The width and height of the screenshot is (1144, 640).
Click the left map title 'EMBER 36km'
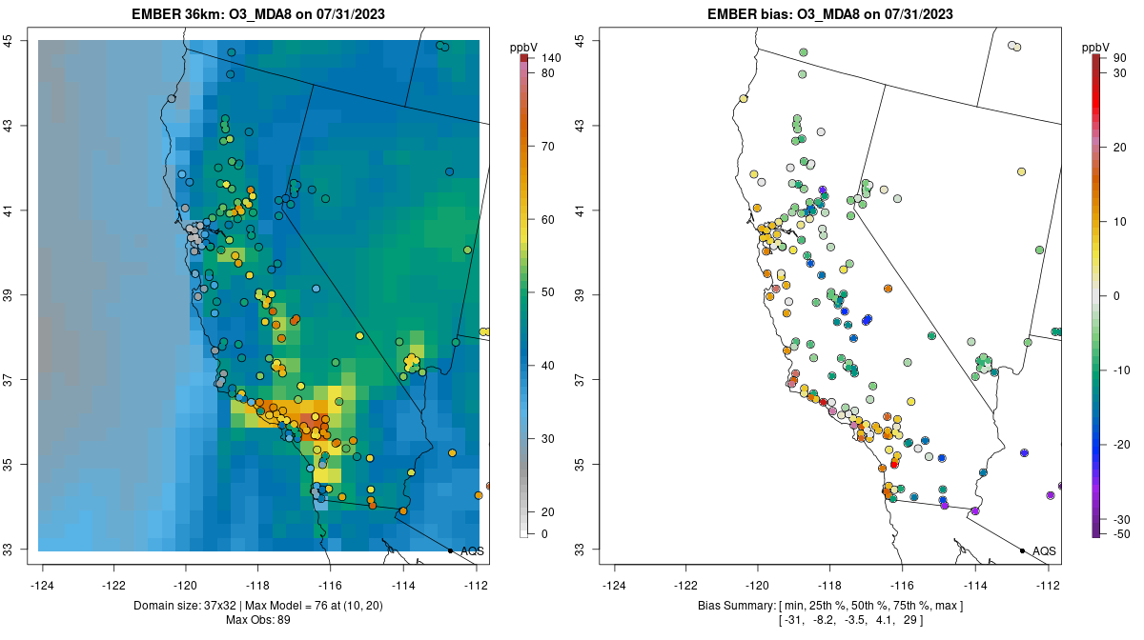[x=180, y=14]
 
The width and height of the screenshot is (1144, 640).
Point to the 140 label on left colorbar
[x=550, y=59]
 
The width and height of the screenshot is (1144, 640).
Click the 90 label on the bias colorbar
[x=1119, y=59]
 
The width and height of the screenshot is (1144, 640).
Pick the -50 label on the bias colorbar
[x=1121, y=534]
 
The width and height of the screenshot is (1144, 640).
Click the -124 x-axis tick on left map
[x=43, y=585]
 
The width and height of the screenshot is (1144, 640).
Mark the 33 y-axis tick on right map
[x=584, y=550]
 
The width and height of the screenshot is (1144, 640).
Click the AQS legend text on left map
[x=472, y=551]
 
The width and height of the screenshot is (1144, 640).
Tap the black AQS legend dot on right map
[x=1022, y=550]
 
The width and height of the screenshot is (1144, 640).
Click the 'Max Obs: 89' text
[x=258, y=620]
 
